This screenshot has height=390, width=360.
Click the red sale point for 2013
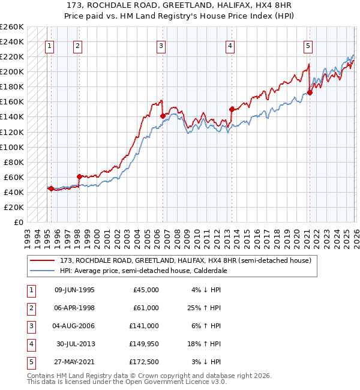click(x=231, y=109)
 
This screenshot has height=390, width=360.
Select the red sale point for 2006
click(x=162, y=116)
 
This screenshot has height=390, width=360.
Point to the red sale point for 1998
click(x=79, y=176)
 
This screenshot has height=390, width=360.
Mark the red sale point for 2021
click(x=310, y=92)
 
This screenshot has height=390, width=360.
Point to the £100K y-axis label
click(x=12, y=147)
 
